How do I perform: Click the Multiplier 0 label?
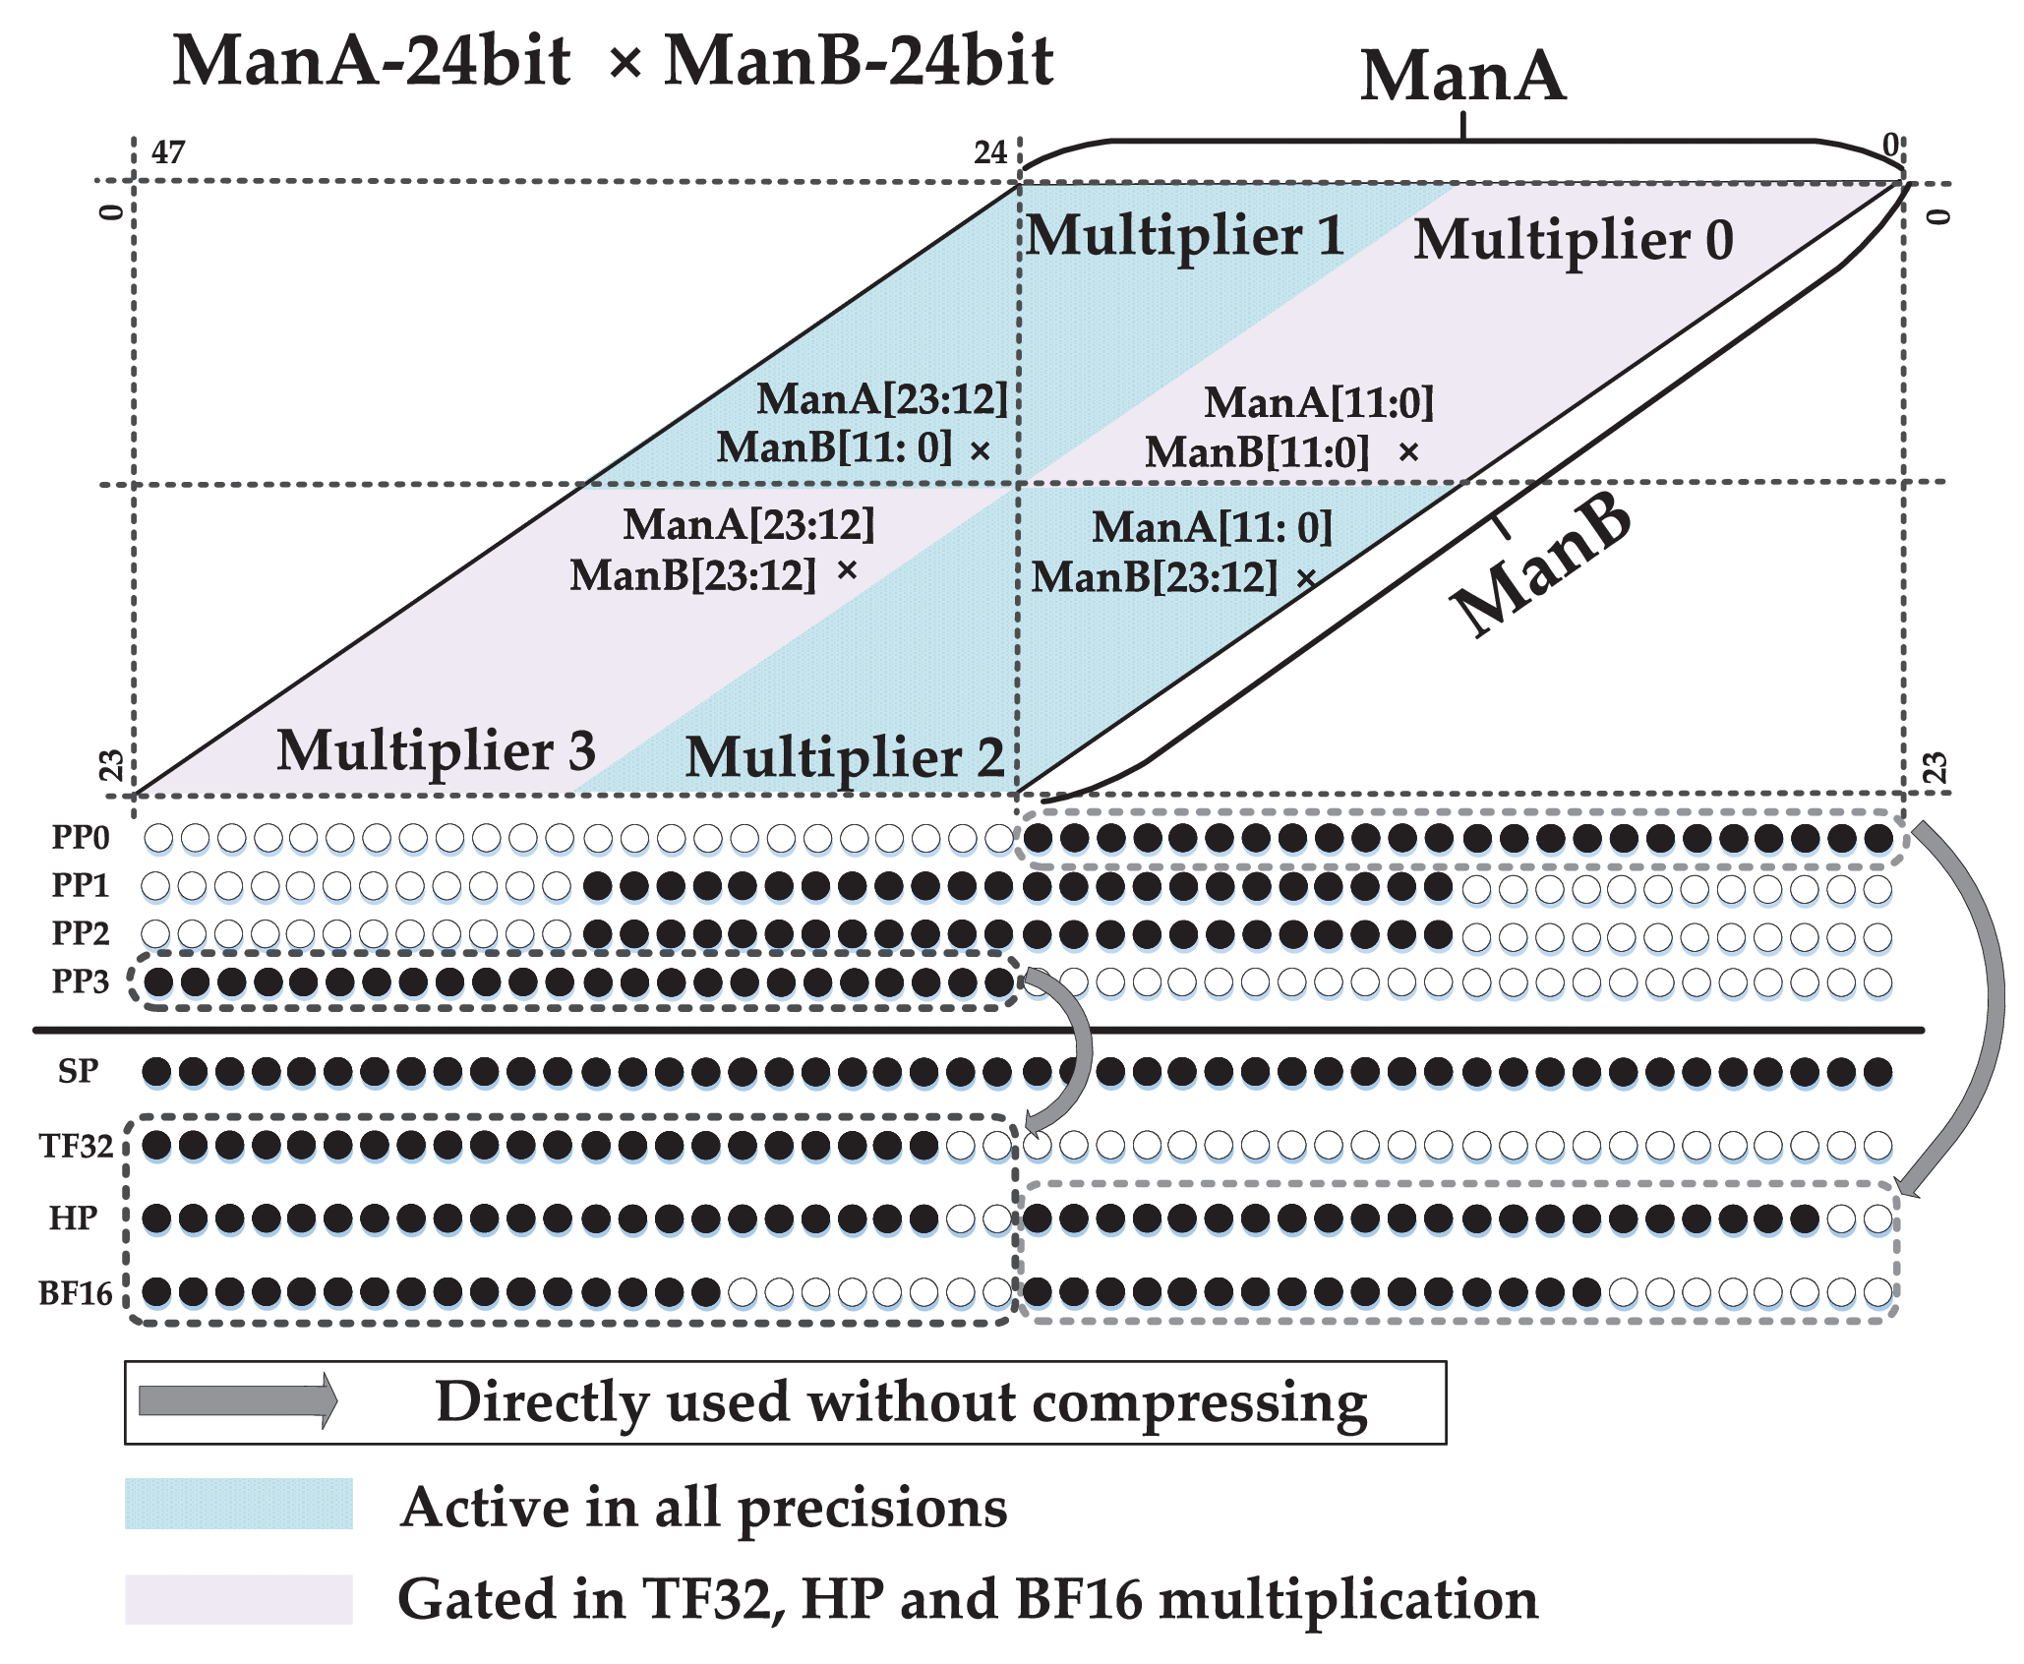[1573, 240]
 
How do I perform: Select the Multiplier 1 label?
[1185, 236]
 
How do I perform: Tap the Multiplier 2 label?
[844, 758]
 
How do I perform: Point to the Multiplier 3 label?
[436, 751]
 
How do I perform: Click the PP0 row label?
[81, 838]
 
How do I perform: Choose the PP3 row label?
[81, 981]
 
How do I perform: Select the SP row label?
[78, 1071]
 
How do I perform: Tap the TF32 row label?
[76, 1146]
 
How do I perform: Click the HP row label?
[74, 1218]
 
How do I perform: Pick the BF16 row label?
[76, 1293]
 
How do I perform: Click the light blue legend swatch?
[238, 1504]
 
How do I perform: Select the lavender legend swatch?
[238, 1599]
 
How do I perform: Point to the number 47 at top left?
[168, 152]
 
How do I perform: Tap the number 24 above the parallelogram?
[990, 152]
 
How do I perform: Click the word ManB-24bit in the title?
[859, 61]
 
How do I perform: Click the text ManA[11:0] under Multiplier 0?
[1319, 402]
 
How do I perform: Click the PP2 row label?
[81, 932]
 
